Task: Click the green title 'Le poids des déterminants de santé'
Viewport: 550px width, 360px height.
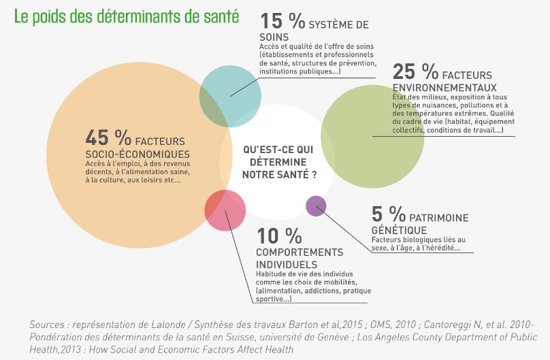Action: pyautogui.click(x=126, y=15)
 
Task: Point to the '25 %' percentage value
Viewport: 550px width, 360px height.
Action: pyautogui.click(x=415, y=71)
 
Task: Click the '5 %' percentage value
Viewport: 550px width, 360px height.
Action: pyautogui.click(x=386, y=215)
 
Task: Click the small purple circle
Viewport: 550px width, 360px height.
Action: pyautogui.click(x=316, y=206)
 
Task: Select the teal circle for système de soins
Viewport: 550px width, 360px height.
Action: pyautogui.click(x=230, y=95)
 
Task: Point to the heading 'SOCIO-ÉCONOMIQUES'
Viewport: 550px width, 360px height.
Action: pyautogui.click(x=137, y=154)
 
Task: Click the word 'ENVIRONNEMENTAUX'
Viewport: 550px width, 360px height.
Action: pyautogui.click(x=444, y=88)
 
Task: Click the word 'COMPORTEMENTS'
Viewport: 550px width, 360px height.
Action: pyautogui.click(x=300, y=252)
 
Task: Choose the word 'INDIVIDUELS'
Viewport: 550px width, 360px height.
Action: pyautogui.click(x=287, y=264)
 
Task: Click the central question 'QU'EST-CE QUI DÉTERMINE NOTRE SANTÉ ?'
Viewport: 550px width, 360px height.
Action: pyautogui.click(x=279, y=162)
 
